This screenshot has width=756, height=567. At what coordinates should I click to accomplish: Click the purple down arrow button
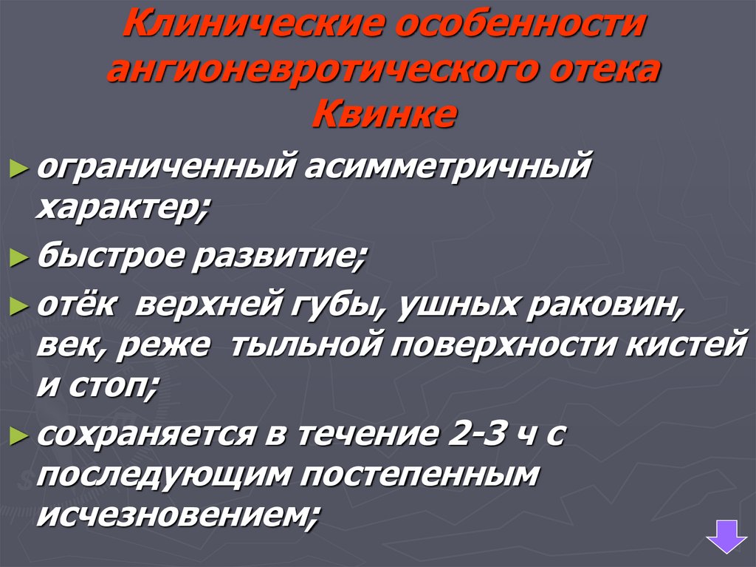tap(726, 534)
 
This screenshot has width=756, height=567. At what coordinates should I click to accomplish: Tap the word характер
tap(122, 210)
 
